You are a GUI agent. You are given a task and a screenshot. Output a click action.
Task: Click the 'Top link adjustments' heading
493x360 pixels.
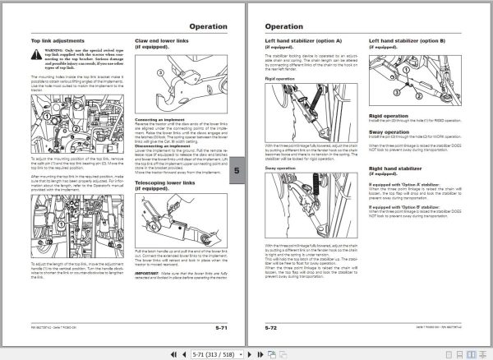pyautogui.click(x=57, y=39)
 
